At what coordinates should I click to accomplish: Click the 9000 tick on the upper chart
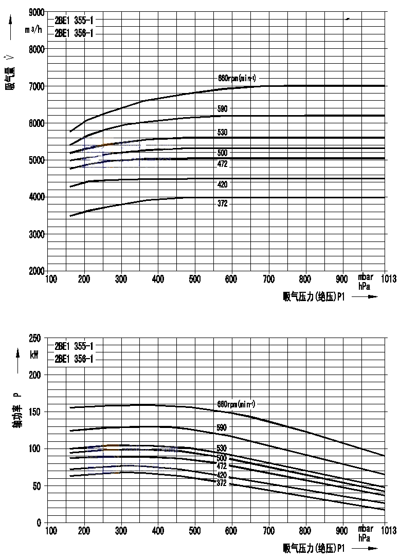point(36,12)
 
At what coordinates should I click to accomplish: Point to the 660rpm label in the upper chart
point(237,78)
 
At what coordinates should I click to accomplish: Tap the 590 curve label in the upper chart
point(223,109)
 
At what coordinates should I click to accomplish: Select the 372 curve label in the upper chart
point(223,204)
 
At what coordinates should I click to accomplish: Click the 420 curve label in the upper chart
point(223,184)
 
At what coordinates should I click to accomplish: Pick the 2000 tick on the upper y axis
point(36,271)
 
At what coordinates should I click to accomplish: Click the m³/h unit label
point(34,29)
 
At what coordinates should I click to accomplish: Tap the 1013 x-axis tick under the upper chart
point(388,279)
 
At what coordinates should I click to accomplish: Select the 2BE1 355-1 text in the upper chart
point(74,21)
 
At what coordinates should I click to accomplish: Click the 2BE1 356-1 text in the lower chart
point(74,359)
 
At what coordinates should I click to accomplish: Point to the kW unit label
point(34,355)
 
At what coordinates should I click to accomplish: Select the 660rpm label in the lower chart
point(237,403)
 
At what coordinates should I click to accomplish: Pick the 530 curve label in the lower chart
point(222,449)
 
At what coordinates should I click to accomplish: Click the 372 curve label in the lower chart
point(222,483)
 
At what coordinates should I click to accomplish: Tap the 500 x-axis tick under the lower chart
point(195,530)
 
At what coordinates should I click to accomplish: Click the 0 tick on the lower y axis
point(39,523)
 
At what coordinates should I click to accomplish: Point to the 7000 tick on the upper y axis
point(36,86)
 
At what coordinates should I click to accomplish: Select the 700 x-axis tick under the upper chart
point(268,279)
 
